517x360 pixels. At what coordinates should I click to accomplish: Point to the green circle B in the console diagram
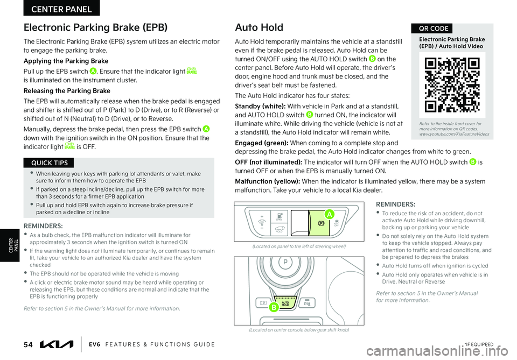point(274,308)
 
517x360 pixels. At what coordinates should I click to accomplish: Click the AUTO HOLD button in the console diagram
point(285,304)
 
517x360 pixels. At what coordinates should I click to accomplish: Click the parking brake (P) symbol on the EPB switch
point(321,223)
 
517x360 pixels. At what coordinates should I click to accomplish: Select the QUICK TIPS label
point(49,163)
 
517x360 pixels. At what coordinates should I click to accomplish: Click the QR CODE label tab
point(431,29)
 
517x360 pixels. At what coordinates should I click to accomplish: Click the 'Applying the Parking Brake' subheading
point(66,61)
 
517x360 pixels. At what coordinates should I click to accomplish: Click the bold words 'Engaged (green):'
point(261,143)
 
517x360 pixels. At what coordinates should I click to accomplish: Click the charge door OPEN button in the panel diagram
point(279,217)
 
